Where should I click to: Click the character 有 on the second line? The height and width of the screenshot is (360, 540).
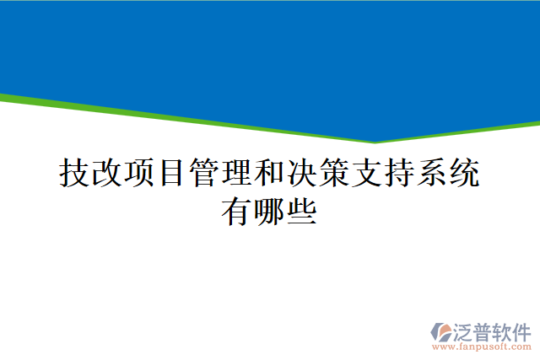point(236,211)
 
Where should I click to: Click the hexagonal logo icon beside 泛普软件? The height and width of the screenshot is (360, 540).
point(440,330)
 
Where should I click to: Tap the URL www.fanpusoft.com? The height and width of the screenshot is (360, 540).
point(481,346)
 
